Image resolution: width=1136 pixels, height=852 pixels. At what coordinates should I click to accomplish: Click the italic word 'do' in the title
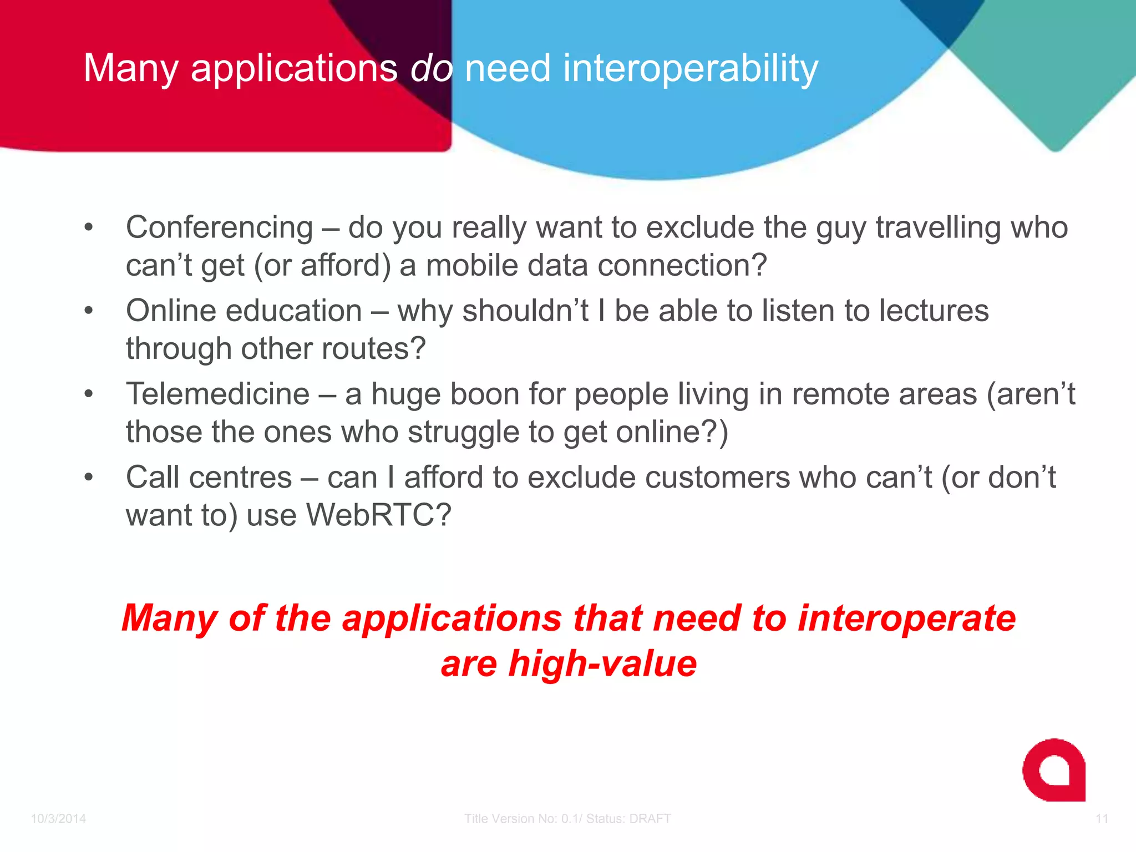(431, 68)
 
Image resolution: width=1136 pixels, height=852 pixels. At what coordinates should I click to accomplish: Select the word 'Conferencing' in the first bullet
(220, 228)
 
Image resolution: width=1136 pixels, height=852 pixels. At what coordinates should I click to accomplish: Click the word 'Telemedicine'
(217, 394)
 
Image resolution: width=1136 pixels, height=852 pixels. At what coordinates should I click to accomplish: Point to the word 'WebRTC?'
(379, 515)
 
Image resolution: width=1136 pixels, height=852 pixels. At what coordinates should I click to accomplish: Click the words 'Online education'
(244, 311)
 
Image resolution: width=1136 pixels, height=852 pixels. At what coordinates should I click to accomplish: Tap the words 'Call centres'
(209, 478)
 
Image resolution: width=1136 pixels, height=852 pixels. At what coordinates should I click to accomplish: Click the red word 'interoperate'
(906, 618)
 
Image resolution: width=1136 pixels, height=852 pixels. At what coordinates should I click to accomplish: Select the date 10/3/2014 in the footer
(58, 819)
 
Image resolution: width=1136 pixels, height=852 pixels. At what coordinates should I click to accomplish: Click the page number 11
(1102, 819)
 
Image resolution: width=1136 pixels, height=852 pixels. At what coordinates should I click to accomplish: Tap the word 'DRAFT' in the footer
(650, 819)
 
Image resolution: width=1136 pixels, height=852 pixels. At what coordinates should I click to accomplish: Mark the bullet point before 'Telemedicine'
(89, 394)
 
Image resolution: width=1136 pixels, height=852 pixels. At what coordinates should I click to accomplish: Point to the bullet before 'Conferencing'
(89, 227)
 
